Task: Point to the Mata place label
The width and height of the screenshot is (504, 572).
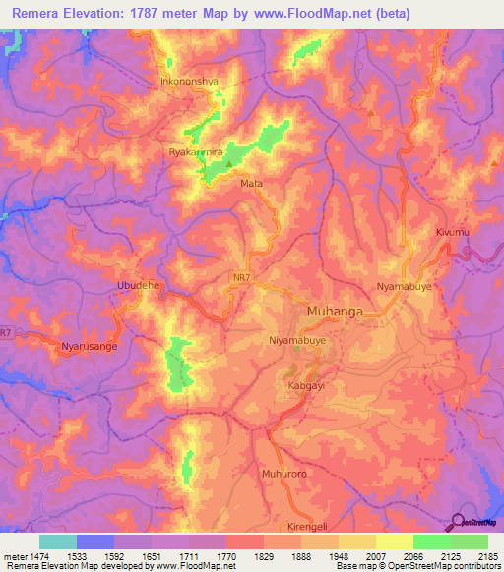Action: [x=252, y=183]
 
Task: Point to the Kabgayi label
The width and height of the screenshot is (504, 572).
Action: [x=306, y=387]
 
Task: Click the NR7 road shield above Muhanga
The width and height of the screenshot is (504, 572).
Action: [x=269, y=277]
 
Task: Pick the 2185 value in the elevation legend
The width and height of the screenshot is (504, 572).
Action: [x=488, y=557]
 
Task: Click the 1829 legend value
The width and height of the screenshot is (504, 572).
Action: [x=263, y=557]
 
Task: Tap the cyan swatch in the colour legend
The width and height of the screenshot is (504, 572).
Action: [x=58, y=542]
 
